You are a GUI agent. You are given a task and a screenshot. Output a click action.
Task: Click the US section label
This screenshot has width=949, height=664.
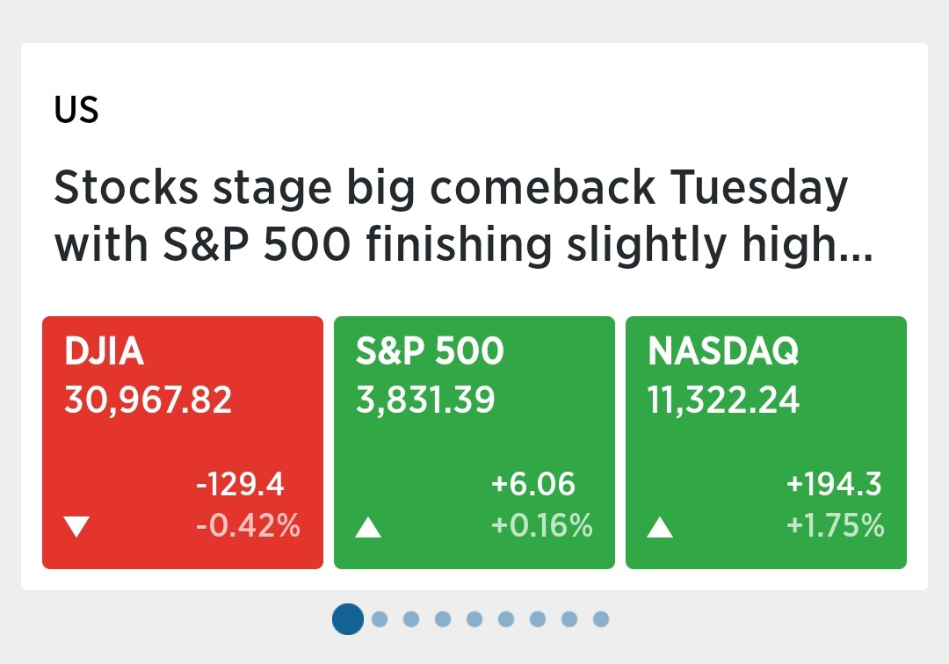[x=76, y=110]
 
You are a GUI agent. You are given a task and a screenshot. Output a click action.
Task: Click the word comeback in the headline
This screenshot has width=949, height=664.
[x=543, y=187]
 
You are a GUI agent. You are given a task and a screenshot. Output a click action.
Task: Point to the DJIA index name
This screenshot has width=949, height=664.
[x=104, y=350]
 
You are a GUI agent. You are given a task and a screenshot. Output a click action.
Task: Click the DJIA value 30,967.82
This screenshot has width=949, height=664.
[x=149, y=401]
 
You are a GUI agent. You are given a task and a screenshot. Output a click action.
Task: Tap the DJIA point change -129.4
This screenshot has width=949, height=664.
[x=240, y=484]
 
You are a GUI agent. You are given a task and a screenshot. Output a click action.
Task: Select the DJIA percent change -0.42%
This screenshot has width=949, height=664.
[x=248, y=525]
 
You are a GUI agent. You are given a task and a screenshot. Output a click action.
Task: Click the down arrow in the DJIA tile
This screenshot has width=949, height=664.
[x=76, y=526]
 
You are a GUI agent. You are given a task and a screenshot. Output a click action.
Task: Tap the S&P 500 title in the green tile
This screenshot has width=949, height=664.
[x=430, y=350]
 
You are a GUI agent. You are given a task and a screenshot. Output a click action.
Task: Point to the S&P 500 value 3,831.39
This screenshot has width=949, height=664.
[x=425, y=401]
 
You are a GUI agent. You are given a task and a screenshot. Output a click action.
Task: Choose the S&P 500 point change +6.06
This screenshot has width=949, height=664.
[x=533, y=484]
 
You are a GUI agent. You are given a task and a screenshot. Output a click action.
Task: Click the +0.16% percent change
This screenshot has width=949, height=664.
[x=541, y=525]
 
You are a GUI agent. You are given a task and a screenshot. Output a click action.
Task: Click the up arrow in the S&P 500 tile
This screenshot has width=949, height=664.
[x=368, y=527]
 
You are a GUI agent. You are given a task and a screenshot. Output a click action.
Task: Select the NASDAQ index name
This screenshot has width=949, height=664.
[x=723, y=351]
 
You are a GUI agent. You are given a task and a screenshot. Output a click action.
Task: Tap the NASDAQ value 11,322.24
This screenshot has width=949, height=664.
[x=723, y=401]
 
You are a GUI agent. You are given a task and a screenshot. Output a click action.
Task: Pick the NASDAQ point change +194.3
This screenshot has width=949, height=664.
[x=834, y=484]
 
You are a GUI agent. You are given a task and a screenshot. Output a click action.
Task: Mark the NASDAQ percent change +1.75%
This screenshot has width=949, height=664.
[x=836, y=525]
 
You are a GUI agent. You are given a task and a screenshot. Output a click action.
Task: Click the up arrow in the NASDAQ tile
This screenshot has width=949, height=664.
[x=660, y=527]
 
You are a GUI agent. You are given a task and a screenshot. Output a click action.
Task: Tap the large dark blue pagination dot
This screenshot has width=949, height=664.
[x=348, y=619]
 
